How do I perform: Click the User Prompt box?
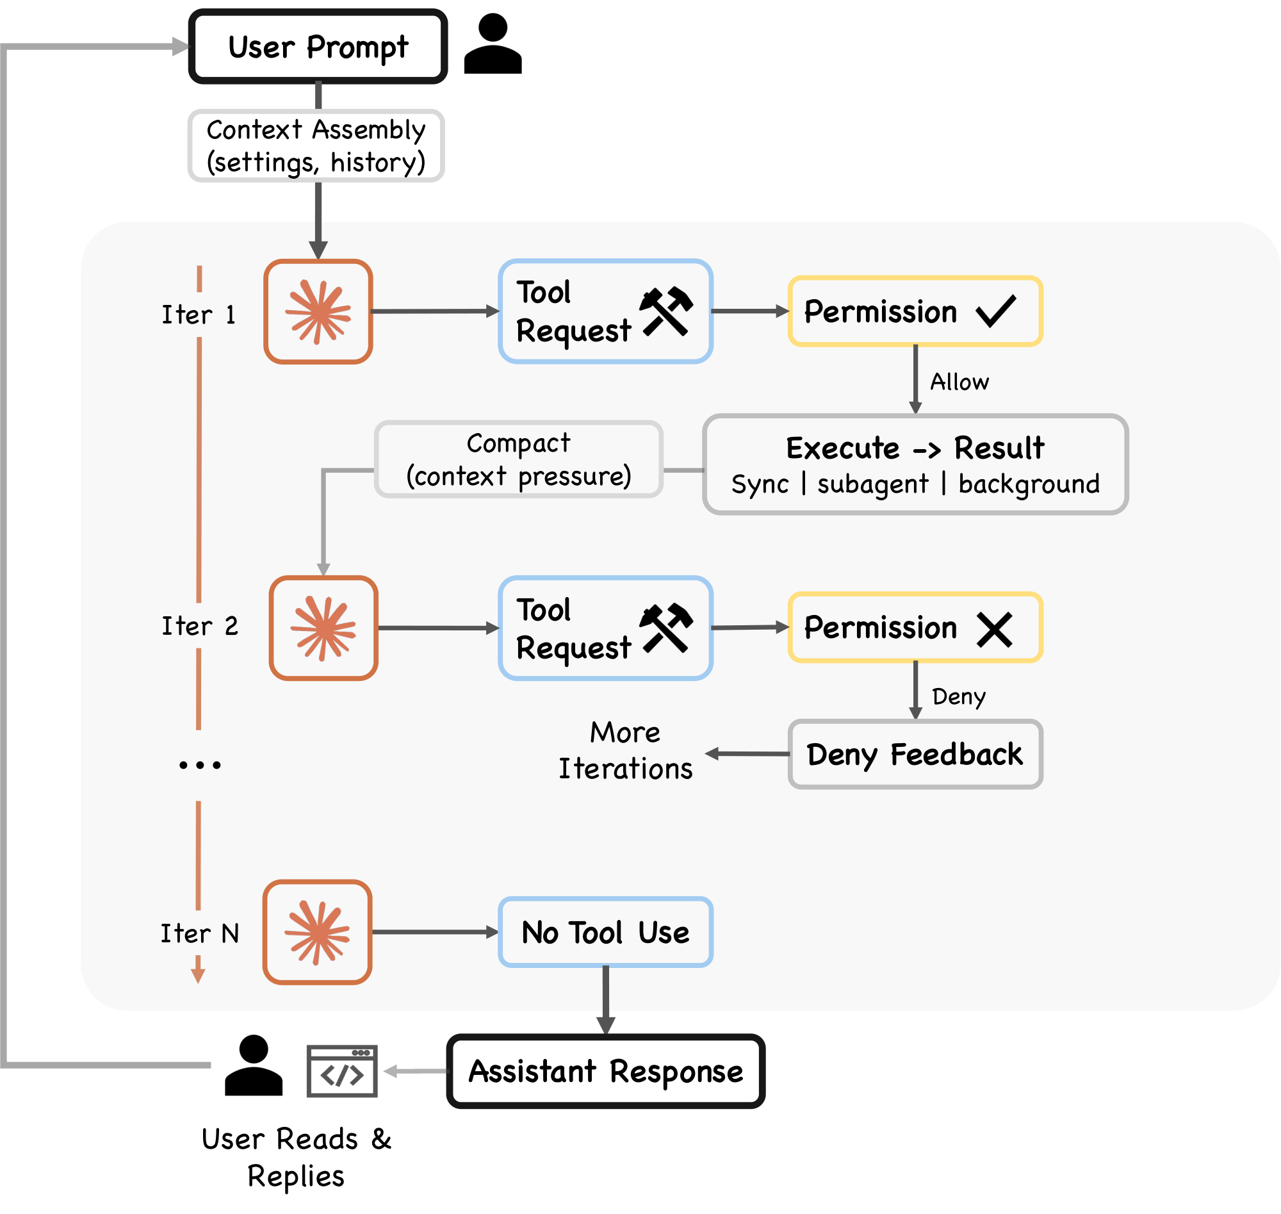[318, 47]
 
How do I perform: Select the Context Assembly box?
[316, 145]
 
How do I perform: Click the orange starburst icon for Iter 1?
[318, 312]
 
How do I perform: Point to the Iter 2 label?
[199, 626]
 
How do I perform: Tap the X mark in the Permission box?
[995, 630]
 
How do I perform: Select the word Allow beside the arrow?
[959, 382]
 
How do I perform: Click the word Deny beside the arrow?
[958, 696]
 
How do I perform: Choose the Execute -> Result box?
[915, 464]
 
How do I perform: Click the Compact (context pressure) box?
[518, 459]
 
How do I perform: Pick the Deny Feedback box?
[915, 754]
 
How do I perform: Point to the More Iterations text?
[625, 751]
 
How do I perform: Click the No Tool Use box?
[605, 933]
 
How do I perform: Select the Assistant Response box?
[605, 1071]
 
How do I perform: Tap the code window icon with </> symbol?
[341, 1071]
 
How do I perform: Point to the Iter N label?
[199, 933]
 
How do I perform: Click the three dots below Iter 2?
[199, 765]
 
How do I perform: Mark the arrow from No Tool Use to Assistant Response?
[605, 1001]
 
